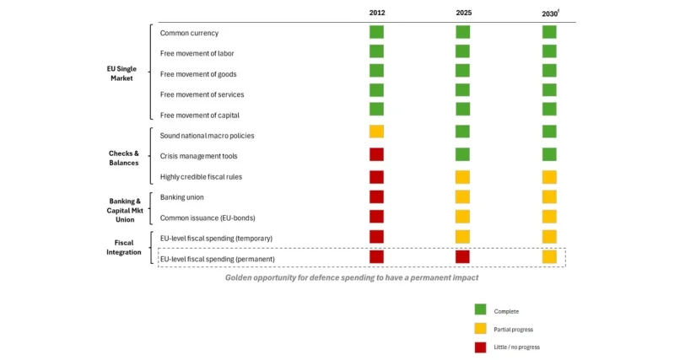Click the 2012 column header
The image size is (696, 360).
376,13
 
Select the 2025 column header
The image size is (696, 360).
463,13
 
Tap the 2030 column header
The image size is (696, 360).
549,14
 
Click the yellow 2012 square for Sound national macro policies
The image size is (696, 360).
376,132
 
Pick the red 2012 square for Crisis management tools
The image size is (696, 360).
376,154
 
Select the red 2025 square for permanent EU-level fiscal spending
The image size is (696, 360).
463,256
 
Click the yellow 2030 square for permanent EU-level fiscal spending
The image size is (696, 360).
549,256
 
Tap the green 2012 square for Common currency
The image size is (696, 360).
376,32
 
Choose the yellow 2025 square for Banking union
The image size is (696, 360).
463,196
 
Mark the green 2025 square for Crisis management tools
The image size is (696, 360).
463,154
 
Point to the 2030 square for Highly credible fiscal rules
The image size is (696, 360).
549,176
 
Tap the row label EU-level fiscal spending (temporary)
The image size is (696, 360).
216,239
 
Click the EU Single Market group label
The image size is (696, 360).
122,73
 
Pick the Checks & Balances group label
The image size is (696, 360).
124,159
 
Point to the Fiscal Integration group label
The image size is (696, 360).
124,247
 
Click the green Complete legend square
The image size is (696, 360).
481,310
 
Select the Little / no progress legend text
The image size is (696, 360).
516,347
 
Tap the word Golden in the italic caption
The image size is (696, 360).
240,277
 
